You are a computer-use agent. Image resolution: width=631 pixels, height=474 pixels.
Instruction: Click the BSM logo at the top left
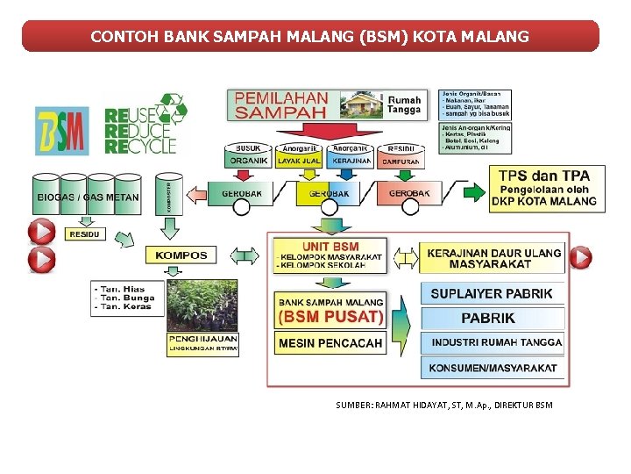point(62,131)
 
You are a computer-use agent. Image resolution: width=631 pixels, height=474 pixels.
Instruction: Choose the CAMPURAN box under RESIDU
point(401,162)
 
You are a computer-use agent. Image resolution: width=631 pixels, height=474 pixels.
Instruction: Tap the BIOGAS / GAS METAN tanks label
point(87,197)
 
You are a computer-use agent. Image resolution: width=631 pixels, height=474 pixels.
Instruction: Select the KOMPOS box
point(181,255)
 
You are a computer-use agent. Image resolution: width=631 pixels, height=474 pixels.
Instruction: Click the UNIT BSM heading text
point(330,247)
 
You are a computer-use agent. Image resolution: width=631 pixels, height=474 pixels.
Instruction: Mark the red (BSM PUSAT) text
point(330,316)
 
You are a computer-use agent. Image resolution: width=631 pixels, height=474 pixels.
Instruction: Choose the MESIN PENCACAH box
point(330,342)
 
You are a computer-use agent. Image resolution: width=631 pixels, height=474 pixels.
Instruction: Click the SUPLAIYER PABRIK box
point(491,293)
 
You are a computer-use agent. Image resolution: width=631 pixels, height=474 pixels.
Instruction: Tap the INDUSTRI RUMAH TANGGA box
point(491,341)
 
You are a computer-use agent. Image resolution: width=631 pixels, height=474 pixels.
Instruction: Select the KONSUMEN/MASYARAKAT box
point(491,368)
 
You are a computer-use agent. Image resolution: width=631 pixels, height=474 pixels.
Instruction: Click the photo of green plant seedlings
point(202,304)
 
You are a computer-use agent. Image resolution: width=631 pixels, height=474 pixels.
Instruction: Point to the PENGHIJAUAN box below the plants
point(202,342)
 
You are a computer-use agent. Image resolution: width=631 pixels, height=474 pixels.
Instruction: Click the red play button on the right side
point(580,257)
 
